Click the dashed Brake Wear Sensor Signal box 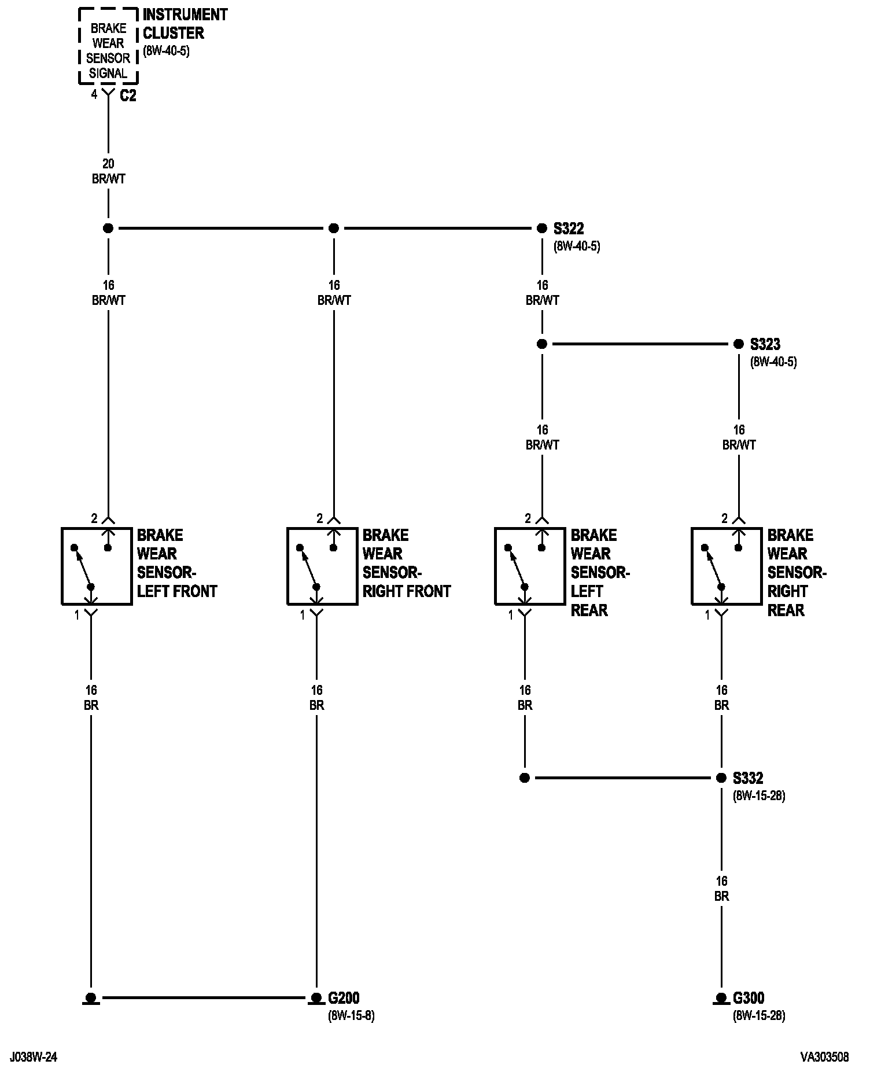click(108, 47)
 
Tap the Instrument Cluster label click(185, 24)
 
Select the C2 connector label click(128, 96)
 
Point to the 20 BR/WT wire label click(108, 172)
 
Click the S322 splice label click(569, 229)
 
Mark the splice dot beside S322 click(542, 229)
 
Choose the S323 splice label click(765, 344)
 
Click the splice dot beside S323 click(739, 344)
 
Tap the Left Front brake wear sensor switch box click(97, 566)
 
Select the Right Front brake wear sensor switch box click(322, 566)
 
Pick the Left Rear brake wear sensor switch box click(530, 566)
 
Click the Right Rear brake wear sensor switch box click(727, 566)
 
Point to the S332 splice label click(747, 778)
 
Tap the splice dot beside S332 click(721, 778)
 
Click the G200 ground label click(344, 998)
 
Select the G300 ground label click(749, 998)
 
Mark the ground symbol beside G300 click(721, 999)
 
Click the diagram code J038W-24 click(33, 1057)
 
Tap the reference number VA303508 click(825, 1057)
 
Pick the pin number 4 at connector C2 click(94, 95)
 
